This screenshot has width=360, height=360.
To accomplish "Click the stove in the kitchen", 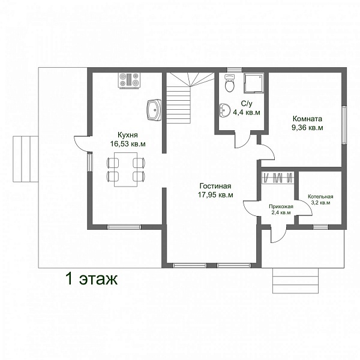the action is tap(129, 80).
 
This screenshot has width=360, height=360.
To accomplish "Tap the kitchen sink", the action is tap(154, 110).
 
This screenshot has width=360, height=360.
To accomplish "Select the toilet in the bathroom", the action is tap(230, 83).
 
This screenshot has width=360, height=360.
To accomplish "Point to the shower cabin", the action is tap(254, 83).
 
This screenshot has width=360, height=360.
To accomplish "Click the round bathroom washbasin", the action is tap(225, 110).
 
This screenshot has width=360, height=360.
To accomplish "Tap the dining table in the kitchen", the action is tap(126, 169).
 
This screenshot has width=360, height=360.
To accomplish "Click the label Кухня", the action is tap(128, 134).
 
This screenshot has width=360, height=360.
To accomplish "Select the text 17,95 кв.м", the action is tap(215, 195).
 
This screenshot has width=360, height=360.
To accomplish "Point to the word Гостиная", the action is tap(215, 185).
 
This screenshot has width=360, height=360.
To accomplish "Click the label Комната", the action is tap(307, 119).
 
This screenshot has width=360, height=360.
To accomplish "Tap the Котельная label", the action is tap(320, 197).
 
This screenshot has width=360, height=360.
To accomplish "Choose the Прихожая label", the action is tap(281, 206).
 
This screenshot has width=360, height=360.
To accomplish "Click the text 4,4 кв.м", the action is tap(247, 113).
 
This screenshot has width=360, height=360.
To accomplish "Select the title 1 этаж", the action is tap(92, 279).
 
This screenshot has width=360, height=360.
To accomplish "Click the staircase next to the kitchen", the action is tap(191, 98).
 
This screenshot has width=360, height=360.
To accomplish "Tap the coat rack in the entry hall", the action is tap(278, 178).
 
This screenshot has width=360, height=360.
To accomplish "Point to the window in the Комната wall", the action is tap(344, 125).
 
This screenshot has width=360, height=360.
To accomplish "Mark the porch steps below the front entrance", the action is tap(295, 280).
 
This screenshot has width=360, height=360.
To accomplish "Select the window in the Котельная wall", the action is tap(321, 227).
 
